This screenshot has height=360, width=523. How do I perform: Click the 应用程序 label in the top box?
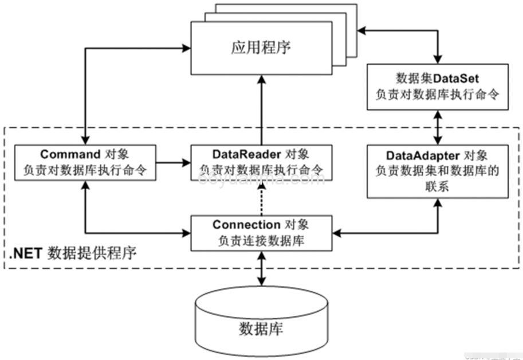(x=261, y=48)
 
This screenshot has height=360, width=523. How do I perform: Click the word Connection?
(x=246, y=225)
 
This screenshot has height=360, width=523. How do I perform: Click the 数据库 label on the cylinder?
(x=261, y=330)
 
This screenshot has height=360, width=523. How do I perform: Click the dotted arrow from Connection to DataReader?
(x=262, y=198)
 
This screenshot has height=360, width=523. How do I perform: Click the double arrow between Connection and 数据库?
(x=262, y=268)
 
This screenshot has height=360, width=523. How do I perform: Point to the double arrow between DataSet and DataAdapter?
(x=438, y=127)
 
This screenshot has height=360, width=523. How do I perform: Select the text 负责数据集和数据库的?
(x=438, y=170)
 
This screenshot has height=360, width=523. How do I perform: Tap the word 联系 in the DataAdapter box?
(x=438, y=186)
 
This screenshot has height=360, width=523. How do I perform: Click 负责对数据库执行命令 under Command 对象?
(x=84, y=170)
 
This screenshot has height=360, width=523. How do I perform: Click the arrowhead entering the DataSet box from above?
(x=438, y=59)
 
